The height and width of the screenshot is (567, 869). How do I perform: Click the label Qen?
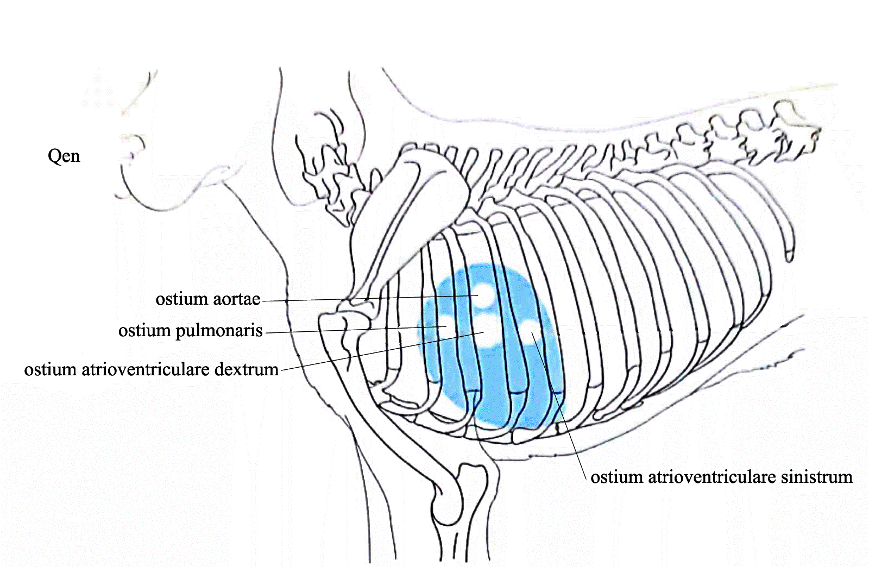point(64,156)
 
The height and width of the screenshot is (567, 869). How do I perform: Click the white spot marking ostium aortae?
point(483,295)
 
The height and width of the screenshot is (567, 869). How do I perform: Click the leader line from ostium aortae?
point(369,298)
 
